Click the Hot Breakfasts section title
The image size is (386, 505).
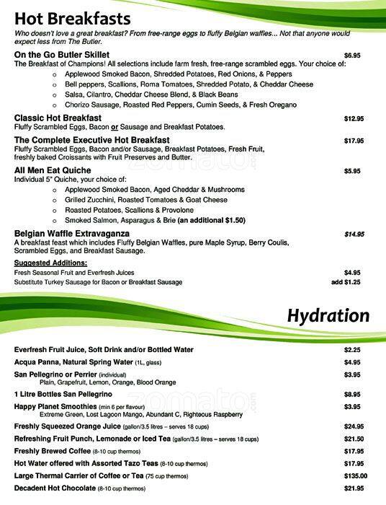(x=72, y=19)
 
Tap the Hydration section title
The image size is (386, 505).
(x=328, y=316)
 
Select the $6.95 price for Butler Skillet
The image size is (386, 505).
(x=352, y=55)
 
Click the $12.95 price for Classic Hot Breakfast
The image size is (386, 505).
(x=354, y=118)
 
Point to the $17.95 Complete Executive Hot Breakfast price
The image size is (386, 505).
(x=354, y=141)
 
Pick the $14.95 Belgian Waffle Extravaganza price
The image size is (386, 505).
(x=354, y=234)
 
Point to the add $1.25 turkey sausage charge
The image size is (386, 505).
(x=346, y=282)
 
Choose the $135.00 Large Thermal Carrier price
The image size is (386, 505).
(x=355, y=476)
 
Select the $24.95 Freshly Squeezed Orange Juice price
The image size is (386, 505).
(x=354, y=426)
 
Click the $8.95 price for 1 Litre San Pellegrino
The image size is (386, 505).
(x=352, y=395)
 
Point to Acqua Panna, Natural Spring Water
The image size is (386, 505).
(x=79, y=362)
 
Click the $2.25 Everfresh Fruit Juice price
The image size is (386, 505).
(x=352, y=350)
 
